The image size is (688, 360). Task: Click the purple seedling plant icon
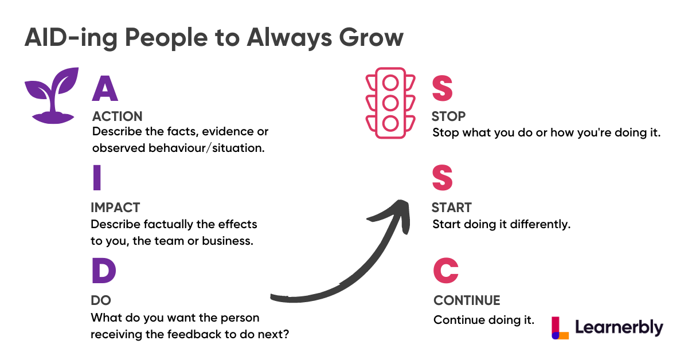52,96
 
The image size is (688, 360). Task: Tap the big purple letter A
105,88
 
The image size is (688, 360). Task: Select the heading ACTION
118,116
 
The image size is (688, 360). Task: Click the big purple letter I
97,178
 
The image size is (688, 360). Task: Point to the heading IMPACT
115,208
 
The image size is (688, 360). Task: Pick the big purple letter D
104,271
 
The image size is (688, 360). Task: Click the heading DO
101,300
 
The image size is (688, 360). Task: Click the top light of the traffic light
390,83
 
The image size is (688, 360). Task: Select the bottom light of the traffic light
390,123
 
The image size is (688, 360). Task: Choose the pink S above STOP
442,88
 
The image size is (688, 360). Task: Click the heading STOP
448,116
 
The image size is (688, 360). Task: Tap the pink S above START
442,178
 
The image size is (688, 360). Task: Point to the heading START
452,208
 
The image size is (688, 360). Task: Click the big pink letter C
446,271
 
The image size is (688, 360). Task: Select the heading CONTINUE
467,300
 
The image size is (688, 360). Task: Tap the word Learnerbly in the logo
619,328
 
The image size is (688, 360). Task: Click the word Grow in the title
371,37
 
